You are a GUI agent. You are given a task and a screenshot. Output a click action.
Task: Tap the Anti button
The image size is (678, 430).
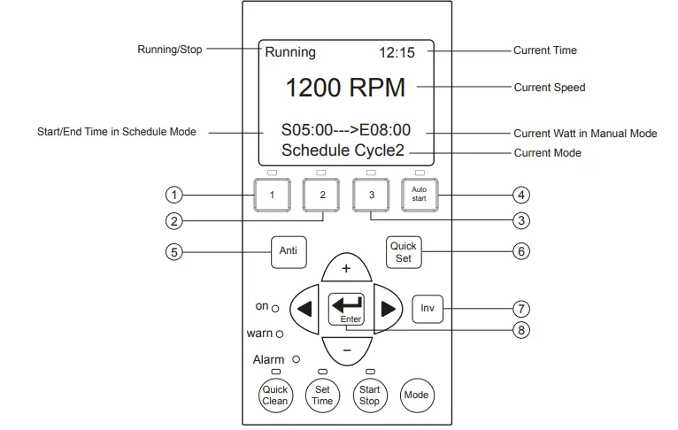point(289,252)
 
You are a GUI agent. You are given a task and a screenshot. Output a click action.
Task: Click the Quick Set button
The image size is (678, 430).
point(404,252)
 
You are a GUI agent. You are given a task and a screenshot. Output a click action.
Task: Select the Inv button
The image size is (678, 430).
point(428,309)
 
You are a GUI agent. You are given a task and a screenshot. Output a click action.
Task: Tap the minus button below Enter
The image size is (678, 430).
point(346,350)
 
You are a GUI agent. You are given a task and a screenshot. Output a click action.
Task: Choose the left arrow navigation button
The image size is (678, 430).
point(304,309)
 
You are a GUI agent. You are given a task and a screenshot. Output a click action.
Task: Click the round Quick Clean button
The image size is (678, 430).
point(275,395)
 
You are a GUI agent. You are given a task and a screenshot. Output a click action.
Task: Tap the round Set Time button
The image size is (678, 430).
point(322,395)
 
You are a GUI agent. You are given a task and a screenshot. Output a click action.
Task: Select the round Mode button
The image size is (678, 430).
point(416,395)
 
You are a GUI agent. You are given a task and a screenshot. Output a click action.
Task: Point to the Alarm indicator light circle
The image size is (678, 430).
point(297,359)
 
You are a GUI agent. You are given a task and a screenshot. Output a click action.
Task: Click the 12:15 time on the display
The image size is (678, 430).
point(397,53)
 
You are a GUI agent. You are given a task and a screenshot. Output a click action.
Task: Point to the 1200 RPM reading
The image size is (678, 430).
point(345,88)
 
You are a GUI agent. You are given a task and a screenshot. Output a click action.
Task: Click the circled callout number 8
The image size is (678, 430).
point(521,330)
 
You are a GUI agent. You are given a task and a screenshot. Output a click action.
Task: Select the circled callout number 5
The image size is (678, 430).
point(174,252)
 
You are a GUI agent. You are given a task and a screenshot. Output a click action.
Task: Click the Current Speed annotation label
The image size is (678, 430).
point(550,88)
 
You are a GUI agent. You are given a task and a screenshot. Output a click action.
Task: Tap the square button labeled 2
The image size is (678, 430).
point(321,196)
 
